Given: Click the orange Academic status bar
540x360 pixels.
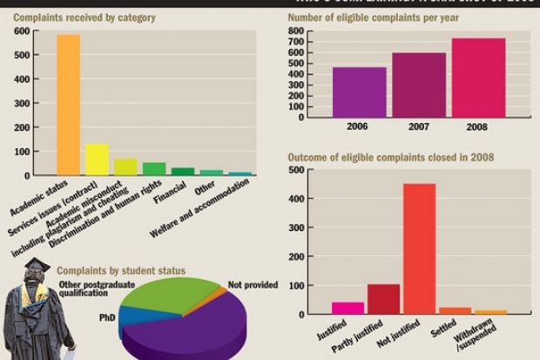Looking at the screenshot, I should click(x=68, y=105).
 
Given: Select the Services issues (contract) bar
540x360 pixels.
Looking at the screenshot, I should click(x=98, y=160).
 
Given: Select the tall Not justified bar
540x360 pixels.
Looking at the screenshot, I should click(x=420, y=248).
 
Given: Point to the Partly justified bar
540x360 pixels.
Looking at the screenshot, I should click(x=383, y=299).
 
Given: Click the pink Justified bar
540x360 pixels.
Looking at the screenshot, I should click(x=348, y=308).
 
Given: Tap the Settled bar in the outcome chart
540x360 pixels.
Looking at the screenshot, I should click(x=455, y=310).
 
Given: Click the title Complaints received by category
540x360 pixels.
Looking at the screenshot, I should click(x=72, y=17).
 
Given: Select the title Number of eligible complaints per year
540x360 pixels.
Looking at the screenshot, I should click(x=368, y=17).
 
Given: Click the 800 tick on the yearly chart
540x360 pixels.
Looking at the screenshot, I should click(x=297, y=31).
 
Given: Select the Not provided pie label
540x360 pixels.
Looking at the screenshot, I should click(x=253, y=285).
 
